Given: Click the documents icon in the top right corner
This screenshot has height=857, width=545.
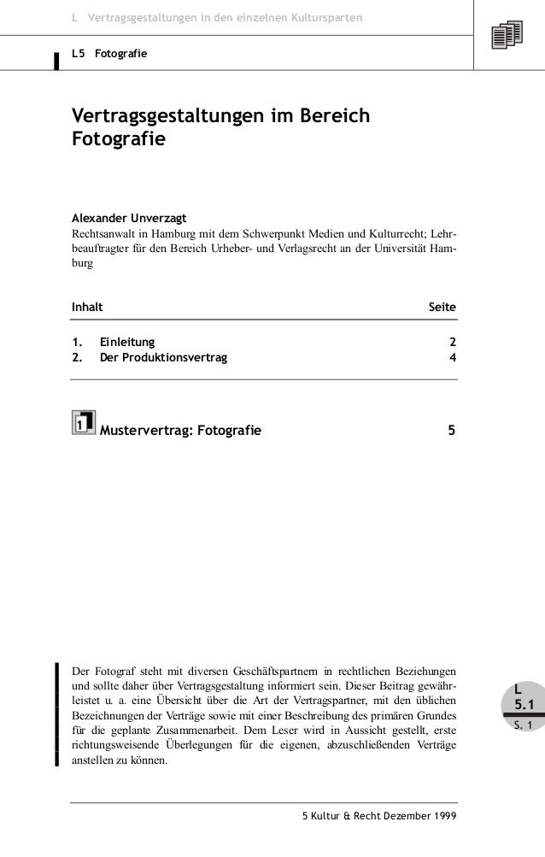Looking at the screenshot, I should coord(507,36).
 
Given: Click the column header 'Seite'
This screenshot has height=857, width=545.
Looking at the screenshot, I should coord(442,306).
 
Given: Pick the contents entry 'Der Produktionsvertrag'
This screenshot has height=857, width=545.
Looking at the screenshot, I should coord(164,357).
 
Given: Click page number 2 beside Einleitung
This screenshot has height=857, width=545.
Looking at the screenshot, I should coord(453,343).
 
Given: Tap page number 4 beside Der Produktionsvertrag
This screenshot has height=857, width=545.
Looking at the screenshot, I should coord(453,357).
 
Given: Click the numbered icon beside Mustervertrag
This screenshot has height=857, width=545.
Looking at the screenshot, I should coord(83,422).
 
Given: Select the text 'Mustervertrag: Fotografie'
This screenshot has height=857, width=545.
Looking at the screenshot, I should coord(181,429).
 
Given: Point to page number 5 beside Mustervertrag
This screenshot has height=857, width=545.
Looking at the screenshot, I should coord(452,429).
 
